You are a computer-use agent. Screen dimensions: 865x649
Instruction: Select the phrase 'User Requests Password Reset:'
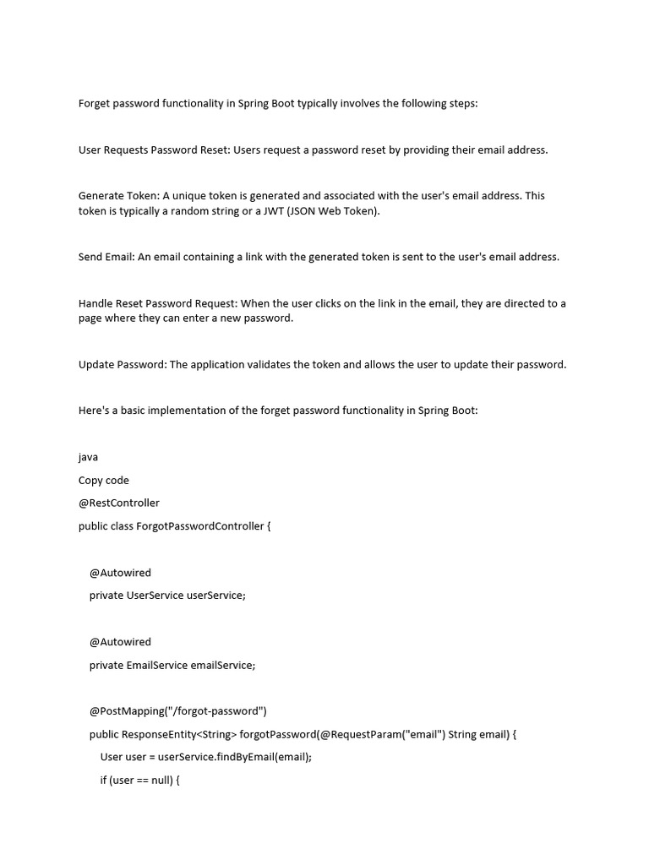(x=154, y=150)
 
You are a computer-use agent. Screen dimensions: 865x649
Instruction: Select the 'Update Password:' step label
(x=123, y=365)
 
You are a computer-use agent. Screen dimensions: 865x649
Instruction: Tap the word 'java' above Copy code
(x=88, y=457)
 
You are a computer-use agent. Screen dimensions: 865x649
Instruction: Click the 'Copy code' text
(x=104, y=481)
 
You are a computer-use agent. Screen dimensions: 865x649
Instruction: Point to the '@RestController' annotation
(x=119, y=503)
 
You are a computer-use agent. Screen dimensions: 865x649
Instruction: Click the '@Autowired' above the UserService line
(x=120, y=573)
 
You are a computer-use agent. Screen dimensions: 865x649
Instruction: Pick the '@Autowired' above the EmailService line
(x=120, y=642)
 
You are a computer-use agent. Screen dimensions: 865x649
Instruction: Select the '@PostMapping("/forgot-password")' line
(x=178, y=711)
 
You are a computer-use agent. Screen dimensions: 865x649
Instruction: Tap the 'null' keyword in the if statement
(x=161, y=781)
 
